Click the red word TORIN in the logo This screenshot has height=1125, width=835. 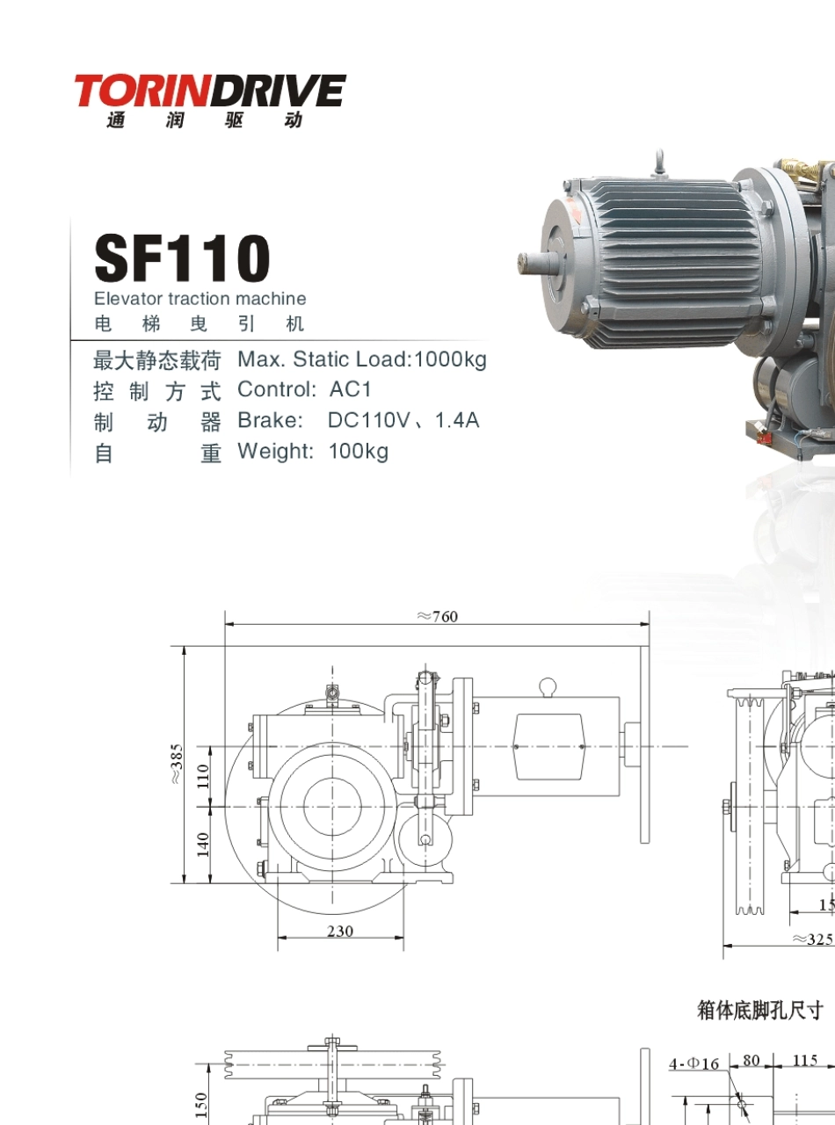click(x=143, y=91)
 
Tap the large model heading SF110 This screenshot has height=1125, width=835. click(x=182, y=258)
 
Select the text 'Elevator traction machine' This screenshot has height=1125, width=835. click(x=200, y=298)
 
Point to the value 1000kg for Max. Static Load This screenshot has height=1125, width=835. click(x=451, y=359)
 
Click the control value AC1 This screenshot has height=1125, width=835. click(x=351, y=389)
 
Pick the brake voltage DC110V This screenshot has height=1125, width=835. click(x=368, y=420)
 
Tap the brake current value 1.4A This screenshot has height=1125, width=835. click(x=457, y=420)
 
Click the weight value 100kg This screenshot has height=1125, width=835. click(x=359, y=451)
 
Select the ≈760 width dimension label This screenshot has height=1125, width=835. click(x=438, y=617)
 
